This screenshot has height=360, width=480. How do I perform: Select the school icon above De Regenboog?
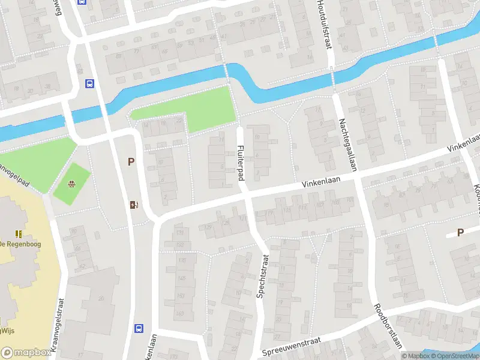click(x=19, y=233)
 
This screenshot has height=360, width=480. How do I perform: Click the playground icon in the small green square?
click(x=71, y=184)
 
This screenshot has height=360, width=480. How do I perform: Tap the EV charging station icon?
click(x=134, y=205)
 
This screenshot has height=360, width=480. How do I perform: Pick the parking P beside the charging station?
click(x=131, y=161)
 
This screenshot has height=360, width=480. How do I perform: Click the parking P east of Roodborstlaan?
click(x=461, y=233)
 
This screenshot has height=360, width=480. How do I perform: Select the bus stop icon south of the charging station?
click(x=139, y=328)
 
